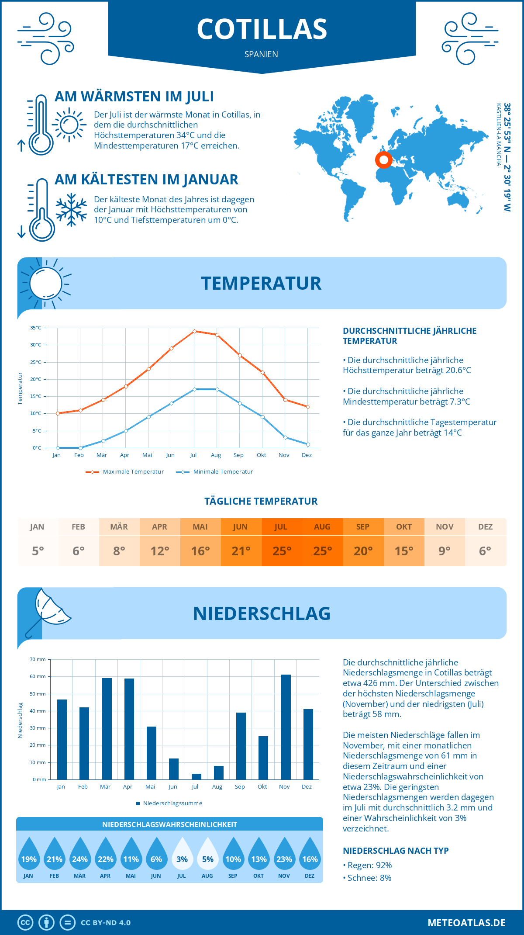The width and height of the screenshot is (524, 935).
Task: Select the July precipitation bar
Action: (196, 776)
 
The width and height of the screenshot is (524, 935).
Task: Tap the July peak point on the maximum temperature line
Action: (194, 331)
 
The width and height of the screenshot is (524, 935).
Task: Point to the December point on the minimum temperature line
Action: (308, 444)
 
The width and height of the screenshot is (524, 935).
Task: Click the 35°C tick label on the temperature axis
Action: (36, 328)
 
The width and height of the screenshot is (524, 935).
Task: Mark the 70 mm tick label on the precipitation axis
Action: (38, 659)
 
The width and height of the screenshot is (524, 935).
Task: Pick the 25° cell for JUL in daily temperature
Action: (282, 551)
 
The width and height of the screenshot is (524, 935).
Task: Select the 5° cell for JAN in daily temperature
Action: (38, 551)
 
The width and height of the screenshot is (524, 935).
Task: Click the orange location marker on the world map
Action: (384, 160)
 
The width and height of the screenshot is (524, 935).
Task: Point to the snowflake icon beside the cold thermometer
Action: (71, 210)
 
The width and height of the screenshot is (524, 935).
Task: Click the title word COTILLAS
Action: (262, 29)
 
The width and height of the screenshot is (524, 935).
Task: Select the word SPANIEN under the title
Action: (261, 54)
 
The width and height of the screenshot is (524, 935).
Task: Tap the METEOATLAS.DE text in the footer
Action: (466, 923)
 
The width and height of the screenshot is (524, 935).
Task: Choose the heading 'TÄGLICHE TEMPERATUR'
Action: (261, 501)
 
